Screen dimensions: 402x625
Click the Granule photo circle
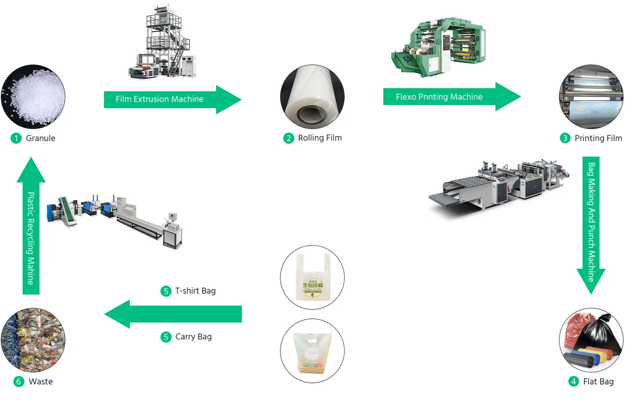click(33, 97)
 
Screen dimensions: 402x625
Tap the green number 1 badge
click(16, 138)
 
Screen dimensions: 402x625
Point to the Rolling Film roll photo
click(312, 97)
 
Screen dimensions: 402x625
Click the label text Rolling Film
click(320, 138)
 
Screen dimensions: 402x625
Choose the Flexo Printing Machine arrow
click(451, 96)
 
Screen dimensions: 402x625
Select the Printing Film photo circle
click(591, 97)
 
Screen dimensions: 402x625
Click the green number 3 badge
click(565, 138)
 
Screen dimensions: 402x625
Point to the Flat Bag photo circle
click(591, 340)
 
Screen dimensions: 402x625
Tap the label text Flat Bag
click(598, 381)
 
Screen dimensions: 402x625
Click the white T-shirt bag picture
click(312, 277)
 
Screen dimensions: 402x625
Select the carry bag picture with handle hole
click(312, 351)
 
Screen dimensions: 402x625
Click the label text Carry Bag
click(193, 337)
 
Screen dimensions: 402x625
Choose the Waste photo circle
click(33, 340)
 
